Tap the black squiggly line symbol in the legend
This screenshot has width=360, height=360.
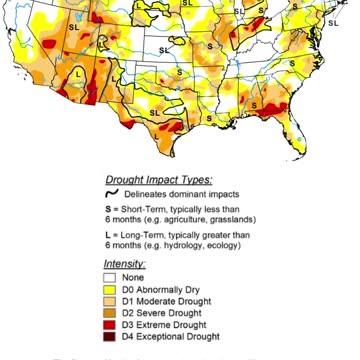[x=113, y=193]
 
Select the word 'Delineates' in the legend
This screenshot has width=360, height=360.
[x=156, y=194]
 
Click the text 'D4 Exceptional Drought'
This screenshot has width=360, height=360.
[x=175, y=337]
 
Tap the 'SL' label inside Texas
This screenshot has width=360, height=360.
[x=154, y=112]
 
